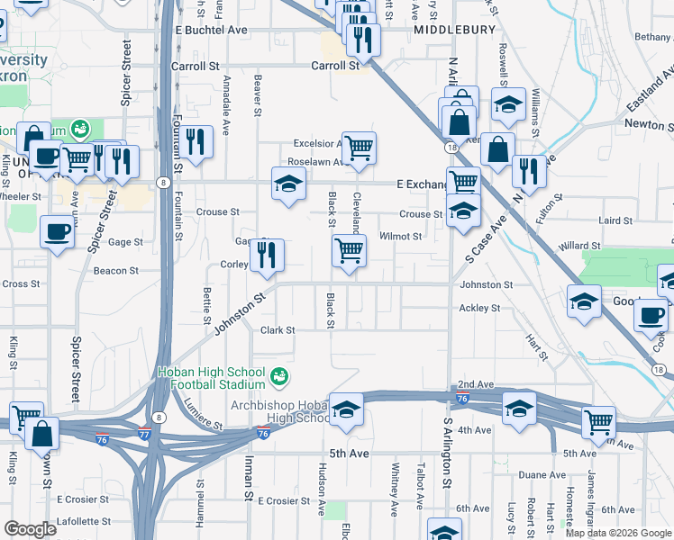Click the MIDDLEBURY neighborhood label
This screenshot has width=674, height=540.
pos(455,30)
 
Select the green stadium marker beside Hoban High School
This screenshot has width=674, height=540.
pos(279,373)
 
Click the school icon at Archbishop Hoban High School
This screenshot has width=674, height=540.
pos(346,410)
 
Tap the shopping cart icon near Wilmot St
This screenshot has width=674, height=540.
pos(349,251)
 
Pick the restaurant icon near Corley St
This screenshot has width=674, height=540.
pos(267,256)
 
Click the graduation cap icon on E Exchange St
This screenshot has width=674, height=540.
pos(288,185)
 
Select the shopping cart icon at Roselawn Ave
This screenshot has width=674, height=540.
pos(359,148)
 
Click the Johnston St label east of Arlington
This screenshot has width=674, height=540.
pos(487,284)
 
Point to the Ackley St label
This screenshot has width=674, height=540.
pos(479,308)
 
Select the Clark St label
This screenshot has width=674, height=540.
pos(278,330)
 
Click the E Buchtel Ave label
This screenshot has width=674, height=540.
pos(212,30)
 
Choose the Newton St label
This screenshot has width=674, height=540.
pos(649,124)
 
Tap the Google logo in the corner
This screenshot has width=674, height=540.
pos(31,529)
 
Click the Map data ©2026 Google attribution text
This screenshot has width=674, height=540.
pos(618,533)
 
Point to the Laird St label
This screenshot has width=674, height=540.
pos(616,220)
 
